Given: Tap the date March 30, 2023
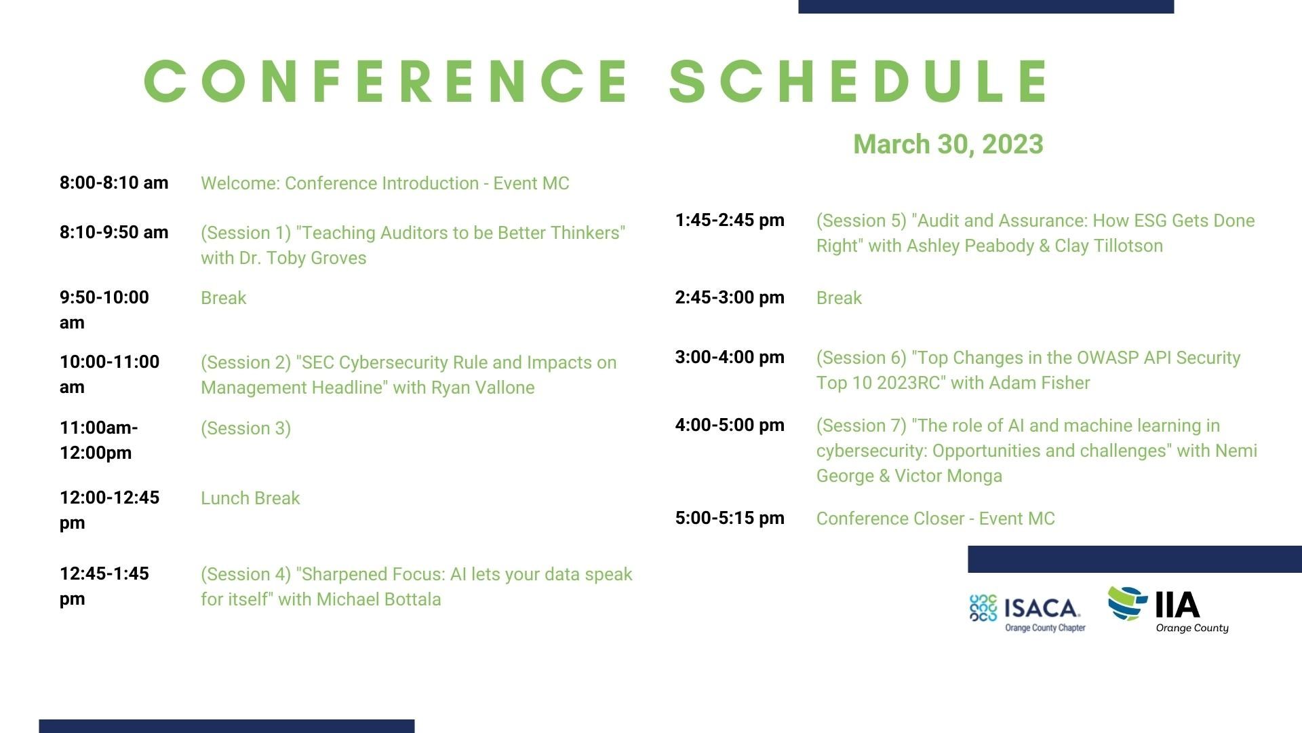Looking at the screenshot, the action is tap(948, 144).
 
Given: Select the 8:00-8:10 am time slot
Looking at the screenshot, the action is tap(114, 183).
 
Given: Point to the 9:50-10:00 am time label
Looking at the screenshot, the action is tap(104, 309).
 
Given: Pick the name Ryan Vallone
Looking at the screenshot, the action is tap(483, 388).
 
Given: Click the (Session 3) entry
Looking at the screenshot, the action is tap(245, 428).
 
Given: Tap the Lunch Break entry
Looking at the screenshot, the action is tap(250, 498).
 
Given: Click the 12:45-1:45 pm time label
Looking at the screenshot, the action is tap(104, 586).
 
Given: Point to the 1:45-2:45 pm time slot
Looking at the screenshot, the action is tap(730, 220).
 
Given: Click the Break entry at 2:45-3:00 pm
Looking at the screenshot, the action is tap(839, 298).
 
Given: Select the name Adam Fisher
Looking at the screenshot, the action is tap(1040, 383).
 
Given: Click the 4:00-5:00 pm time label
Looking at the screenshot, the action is tap(730, 425).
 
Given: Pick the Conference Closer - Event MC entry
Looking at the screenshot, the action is tap(936, 519).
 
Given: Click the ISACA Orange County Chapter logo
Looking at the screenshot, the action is tap(1027, 612).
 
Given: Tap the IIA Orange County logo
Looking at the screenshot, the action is tap(1168, 609).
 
